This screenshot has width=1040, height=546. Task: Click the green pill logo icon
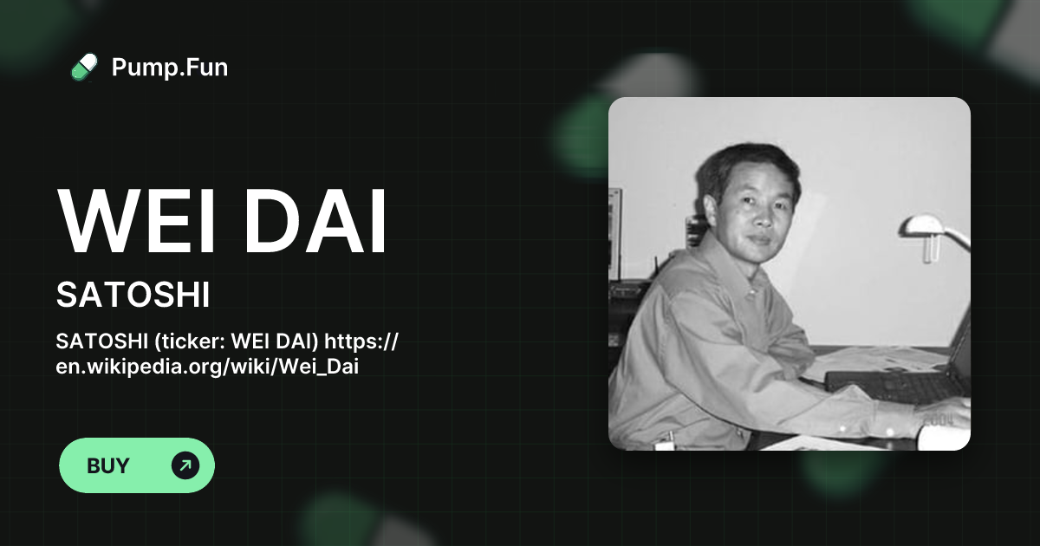[84, 67]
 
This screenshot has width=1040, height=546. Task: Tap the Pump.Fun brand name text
[170, 67]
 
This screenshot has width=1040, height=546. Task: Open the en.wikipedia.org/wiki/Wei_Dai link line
[207, 367]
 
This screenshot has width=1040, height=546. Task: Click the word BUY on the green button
[108, 465]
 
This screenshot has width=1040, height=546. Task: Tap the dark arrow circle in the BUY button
[185, 465]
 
